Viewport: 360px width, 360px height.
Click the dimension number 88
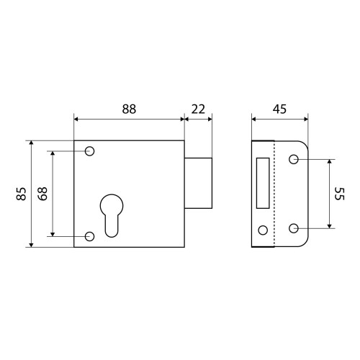tap(129, 109)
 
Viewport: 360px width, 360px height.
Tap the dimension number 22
tap(198, 109)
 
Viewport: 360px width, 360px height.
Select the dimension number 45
tap(279, 109)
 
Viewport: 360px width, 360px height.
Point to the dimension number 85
tap(21, 194)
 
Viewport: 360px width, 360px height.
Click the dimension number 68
tap(42, 194)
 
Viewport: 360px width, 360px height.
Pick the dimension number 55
tap(340, 194)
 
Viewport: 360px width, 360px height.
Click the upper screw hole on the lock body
tap(89, 151)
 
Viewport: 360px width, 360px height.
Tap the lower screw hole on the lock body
tap(89, 236)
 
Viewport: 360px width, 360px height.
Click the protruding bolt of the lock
tap(198, 183)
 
